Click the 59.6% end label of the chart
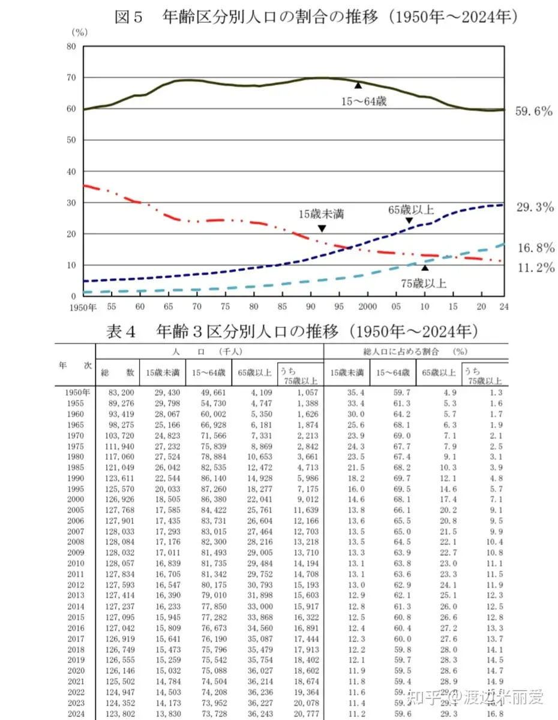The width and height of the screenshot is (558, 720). point(533,112)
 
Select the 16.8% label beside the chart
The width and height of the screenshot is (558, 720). point(533,248)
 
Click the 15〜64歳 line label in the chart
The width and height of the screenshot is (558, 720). point(364,101)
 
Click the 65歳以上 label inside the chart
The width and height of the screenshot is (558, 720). point(410,209)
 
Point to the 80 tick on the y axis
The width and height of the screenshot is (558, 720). point(71,46)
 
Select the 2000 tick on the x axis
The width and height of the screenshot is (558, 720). point(366,306)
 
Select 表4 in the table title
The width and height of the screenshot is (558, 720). point(122,331)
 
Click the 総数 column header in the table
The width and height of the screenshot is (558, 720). point(118,372)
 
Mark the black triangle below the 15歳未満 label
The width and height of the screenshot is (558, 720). point(322,228)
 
